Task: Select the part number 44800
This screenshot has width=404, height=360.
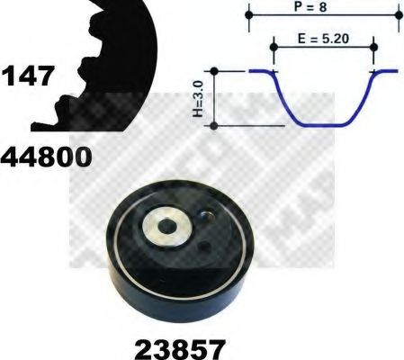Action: pos(46,159)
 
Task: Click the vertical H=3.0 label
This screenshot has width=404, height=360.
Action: pos(195,101)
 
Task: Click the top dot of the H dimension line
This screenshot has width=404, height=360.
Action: pos(214,70)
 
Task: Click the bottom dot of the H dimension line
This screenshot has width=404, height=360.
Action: pos(214,123)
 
